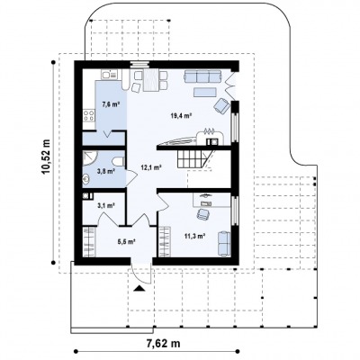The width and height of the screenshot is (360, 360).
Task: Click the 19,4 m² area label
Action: click(x=181, y=116)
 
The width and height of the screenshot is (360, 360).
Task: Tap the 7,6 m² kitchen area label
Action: click(x=111, y=104)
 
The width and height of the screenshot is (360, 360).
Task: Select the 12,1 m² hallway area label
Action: click(x=151, y=167)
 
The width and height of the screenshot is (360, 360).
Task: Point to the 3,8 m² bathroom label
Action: click(x=106, y=172)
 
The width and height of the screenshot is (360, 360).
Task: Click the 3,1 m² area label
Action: click(x=106, y=205)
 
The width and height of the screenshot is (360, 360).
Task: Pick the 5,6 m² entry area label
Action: click(x=126, y=241)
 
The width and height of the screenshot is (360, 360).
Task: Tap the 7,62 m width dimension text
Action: click(x=163, y=343)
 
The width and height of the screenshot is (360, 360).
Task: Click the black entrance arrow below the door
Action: click(x=139, y=288)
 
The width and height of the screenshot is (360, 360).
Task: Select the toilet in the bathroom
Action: click(x=119, y=161)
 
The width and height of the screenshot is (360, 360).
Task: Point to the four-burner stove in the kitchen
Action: click(x=89, y=115)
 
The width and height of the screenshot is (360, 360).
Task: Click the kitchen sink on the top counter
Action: click(x=110, y=74)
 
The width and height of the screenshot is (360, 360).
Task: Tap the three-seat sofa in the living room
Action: click(x=202, y=76)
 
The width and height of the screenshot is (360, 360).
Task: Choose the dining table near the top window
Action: click(x=150, y=80)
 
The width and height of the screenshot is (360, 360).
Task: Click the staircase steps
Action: click(x=193, y=159)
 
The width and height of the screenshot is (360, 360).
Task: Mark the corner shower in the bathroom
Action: click(x=90, y=157)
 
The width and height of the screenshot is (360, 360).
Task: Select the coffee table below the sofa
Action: click(x=205, y=92)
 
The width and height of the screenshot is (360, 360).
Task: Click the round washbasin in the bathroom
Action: click(x=86, y=180)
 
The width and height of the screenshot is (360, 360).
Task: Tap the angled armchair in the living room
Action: click(x=222, y=105)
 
